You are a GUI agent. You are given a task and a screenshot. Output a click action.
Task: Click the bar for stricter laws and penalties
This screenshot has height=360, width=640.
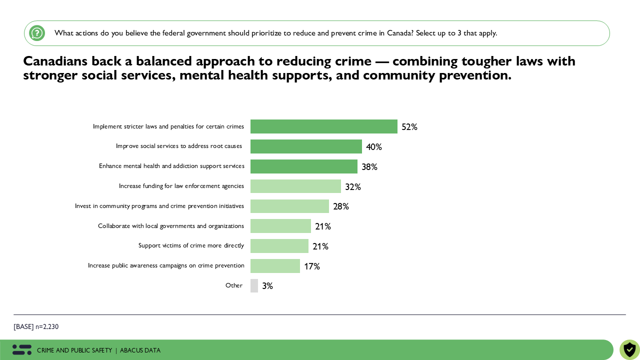click(x=323, y=126)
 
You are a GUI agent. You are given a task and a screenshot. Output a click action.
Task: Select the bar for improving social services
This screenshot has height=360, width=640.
click(x=306, y=146)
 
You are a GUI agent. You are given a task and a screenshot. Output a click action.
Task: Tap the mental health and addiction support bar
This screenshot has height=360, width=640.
click(x=303, y=166)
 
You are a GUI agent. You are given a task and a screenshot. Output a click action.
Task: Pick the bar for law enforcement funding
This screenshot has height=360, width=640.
click(x=295, y=186)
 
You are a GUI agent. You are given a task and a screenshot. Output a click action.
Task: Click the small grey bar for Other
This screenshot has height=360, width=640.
click(x=254, y=286)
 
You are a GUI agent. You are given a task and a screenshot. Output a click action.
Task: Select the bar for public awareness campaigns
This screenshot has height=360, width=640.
click(x=275, y=266)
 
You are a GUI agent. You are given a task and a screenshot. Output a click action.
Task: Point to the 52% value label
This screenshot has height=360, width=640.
click(x=409, y=127)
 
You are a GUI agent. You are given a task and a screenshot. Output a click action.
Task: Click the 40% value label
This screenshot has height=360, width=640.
click(x=373, y=147)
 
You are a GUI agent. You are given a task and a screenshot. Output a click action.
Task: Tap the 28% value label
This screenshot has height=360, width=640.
click(x=340, y=206)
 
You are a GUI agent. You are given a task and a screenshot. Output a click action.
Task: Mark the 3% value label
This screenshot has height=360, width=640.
click(x=267, y=286)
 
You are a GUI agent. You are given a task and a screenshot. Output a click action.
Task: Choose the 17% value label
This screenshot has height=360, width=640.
click(x=311, y=266)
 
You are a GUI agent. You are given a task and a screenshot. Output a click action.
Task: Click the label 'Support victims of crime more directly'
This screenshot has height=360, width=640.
click(x=191, y=245)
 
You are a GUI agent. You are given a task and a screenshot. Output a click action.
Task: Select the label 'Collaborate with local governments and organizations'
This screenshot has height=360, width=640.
click(x=170, y=226)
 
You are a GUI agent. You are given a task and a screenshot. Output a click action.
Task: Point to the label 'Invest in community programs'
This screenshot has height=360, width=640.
click(x=159, y=206)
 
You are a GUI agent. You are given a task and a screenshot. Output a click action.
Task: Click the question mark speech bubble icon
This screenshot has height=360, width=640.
click(x=37, y=33)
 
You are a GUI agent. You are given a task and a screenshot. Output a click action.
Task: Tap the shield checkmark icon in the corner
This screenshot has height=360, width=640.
click(x=629, y=349)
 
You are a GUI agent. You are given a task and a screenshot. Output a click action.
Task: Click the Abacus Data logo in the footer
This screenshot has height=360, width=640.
click(x=22, y=350)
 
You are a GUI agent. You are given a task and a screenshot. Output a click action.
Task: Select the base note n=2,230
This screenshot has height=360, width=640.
click(x=36, y=327)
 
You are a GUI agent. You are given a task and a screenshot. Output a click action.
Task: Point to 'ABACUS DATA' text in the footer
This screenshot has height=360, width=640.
click(x=140, y=350)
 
